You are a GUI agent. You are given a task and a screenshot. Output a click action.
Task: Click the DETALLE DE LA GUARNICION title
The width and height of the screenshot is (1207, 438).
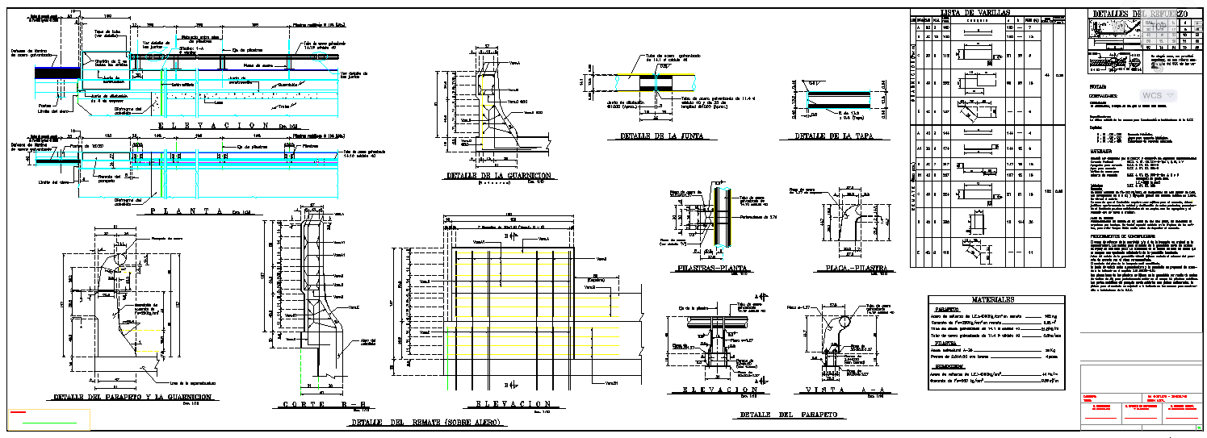(x=498, y=175)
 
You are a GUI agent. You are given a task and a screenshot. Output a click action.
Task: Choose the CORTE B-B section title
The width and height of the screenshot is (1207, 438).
(x=314, y=404)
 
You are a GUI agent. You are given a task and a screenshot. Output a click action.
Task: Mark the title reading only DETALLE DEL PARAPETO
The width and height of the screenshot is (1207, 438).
(x=788, y=415)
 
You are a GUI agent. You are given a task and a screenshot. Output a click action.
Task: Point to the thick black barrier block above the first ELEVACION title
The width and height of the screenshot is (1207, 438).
(x=57, y=72)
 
